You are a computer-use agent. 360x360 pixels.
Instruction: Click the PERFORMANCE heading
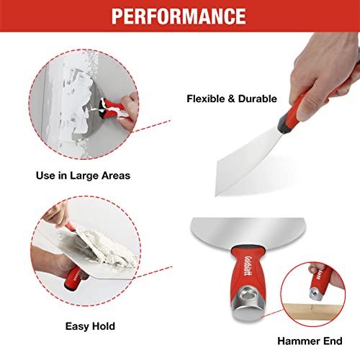point(179,16)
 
